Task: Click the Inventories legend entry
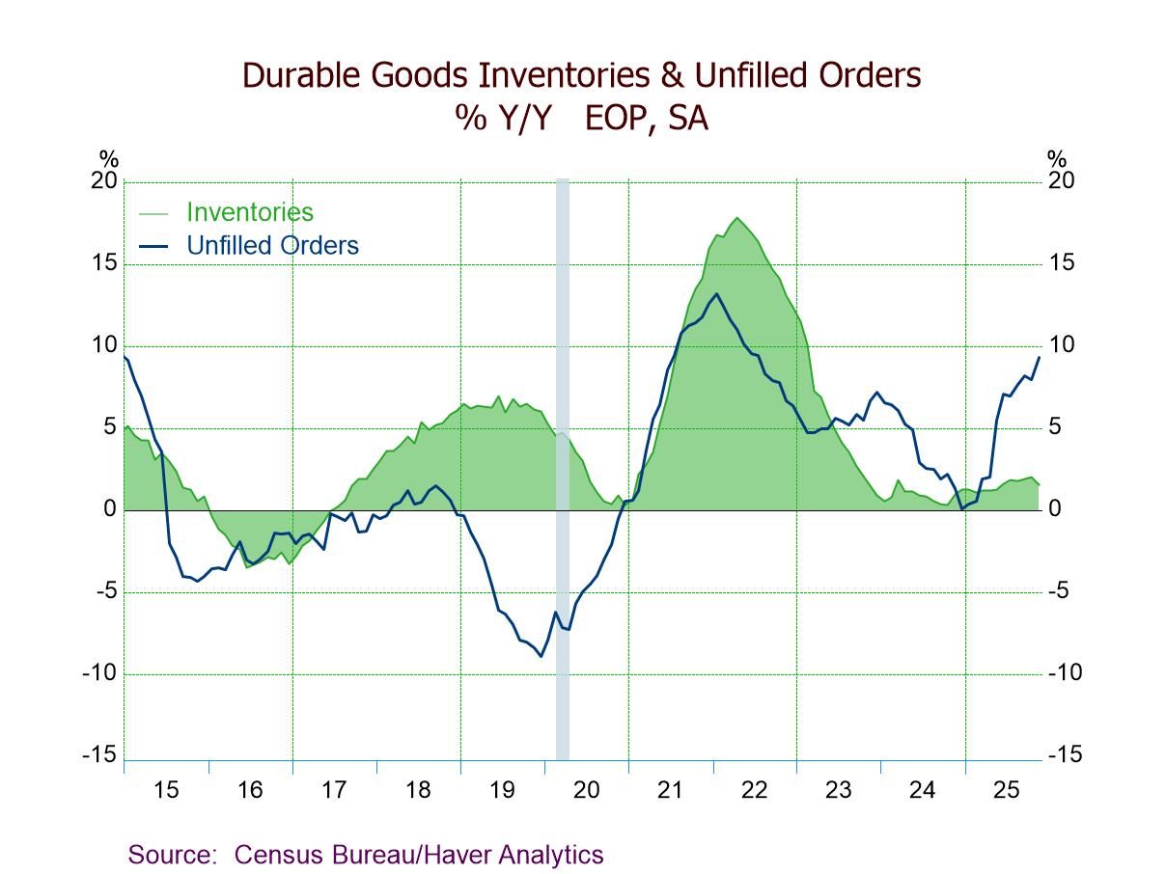click(249, 212)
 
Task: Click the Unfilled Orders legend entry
click(271, 246)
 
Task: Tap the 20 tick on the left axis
click(104, 182)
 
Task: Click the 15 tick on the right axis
click(1061, 264)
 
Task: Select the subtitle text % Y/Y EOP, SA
click(582, 119)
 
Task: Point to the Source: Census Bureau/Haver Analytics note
click(366, 855)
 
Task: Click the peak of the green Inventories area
click(737, 218)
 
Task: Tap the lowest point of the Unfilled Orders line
click(541, 656)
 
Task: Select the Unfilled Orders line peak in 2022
click(715, 294)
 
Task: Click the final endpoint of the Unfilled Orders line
click(1039, 358)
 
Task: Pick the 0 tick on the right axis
click(1054, 510)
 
